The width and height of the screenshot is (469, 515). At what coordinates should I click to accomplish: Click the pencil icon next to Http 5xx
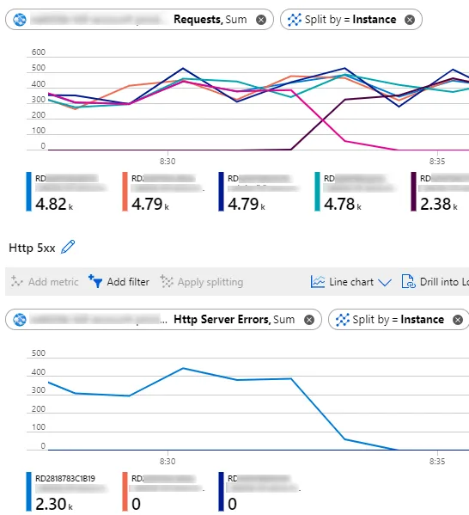click(68, 248)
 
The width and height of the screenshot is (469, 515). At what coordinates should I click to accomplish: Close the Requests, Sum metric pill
click(261, 19)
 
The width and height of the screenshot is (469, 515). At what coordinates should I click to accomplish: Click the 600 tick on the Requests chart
click(39, 52)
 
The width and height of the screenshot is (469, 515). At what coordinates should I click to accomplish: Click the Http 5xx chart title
click(32, 248)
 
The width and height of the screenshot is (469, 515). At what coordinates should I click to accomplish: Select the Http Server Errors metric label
click(222, 319)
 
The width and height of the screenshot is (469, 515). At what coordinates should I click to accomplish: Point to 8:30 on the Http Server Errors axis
click(167, 461)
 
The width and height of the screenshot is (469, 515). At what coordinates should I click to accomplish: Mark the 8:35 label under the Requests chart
click(437, 161)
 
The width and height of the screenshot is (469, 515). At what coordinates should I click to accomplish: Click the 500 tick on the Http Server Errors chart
click(39, 353)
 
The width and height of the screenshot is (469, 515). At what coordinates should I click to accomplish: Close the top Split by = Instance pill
click(409, 19)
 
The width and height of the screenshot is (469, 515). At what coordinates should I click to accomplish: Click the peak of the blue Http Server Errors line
click(183, 368)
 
